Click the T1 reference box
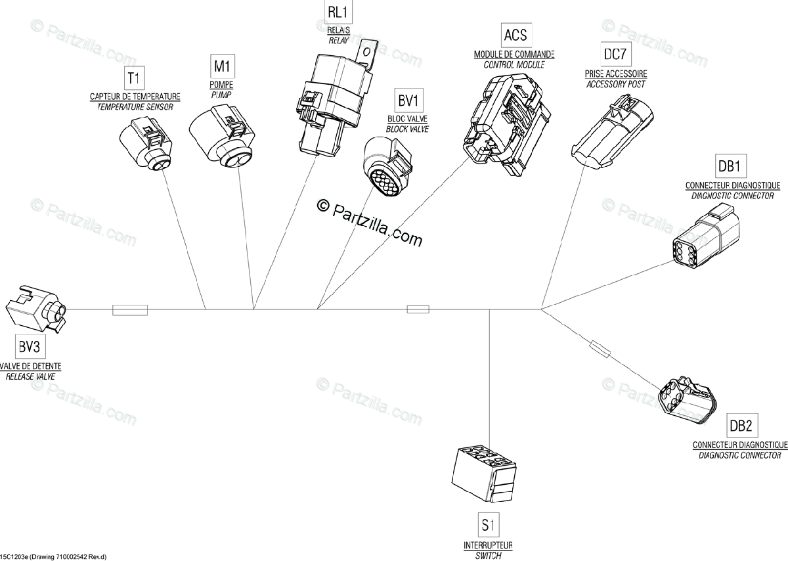coord(135,78)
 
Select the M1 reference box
coord(223,66)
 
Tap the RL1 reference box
coord(338,12)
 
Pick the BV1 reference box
coord(408,101)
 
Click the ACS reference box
coord(516,35)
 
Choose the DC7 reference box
coord(615,55)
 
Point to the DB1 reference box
coord(731,166)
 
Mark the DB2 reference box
coord(742,426)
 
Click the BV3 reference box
coord(30,347)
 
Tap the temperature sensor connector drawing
coord(146,145)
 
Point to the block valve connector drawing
coord(387,166)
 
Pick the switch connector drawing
coord(484,476)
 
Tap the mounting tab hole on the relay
coord(366,53)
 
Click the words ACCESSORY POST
coord(616,84)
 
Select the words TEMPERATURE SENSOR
coord(135,106)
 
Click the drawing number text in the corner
coord(53,557)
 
